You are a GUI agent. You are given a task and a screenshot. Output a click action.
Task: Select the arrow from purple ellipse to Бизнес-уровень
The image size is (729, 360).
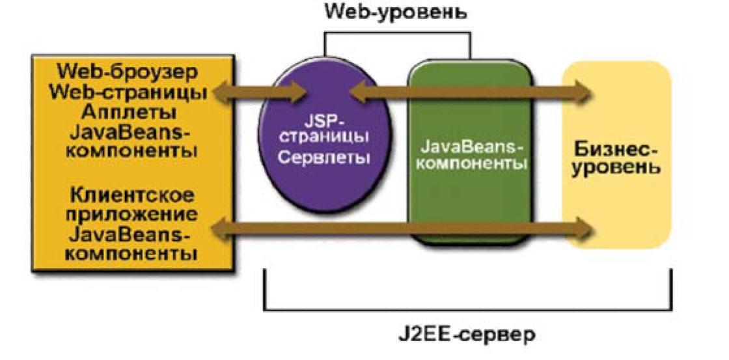click(x=469, y=92)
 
